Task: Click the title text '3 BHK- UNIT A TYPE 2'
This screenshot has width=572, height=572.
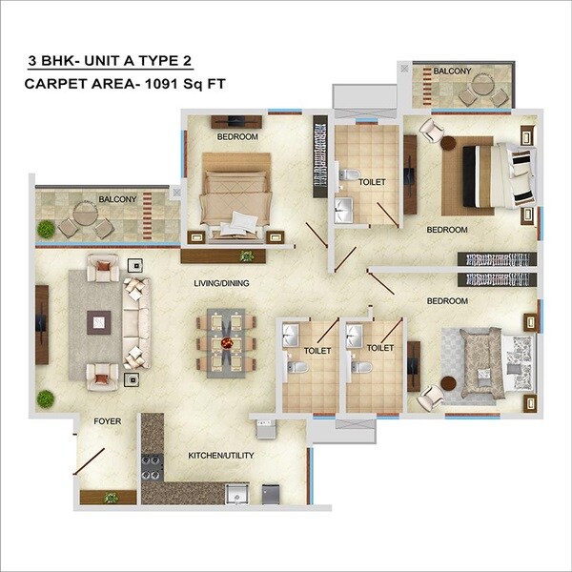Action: click(x=110, y=62)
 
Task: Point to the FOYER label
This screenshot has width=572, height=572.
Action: click(x=107, y=420)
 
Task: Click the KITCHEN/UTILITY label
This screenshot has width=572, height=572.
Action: click(x=221, y=456)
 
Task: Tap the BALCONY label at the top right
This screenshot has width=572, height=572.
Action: click(x=452, y=71)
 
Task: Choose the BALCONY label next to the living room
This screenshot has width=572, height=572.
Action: click(x=117, y=199)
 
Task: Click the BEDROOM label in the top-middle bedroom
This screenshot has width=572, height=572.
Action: click(x=237, y=137)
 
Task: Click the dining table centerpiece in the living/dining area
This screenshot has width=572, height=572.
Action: click(x=226, y=342)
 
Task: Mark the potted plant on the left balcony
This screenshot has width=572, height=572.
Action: click(x=46, y=229)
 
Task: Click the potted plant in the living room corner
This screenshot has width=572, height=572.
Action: click(x=45, y=398)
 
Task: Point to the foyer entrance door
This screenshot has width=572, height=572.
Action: click(x=93, y=462)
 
